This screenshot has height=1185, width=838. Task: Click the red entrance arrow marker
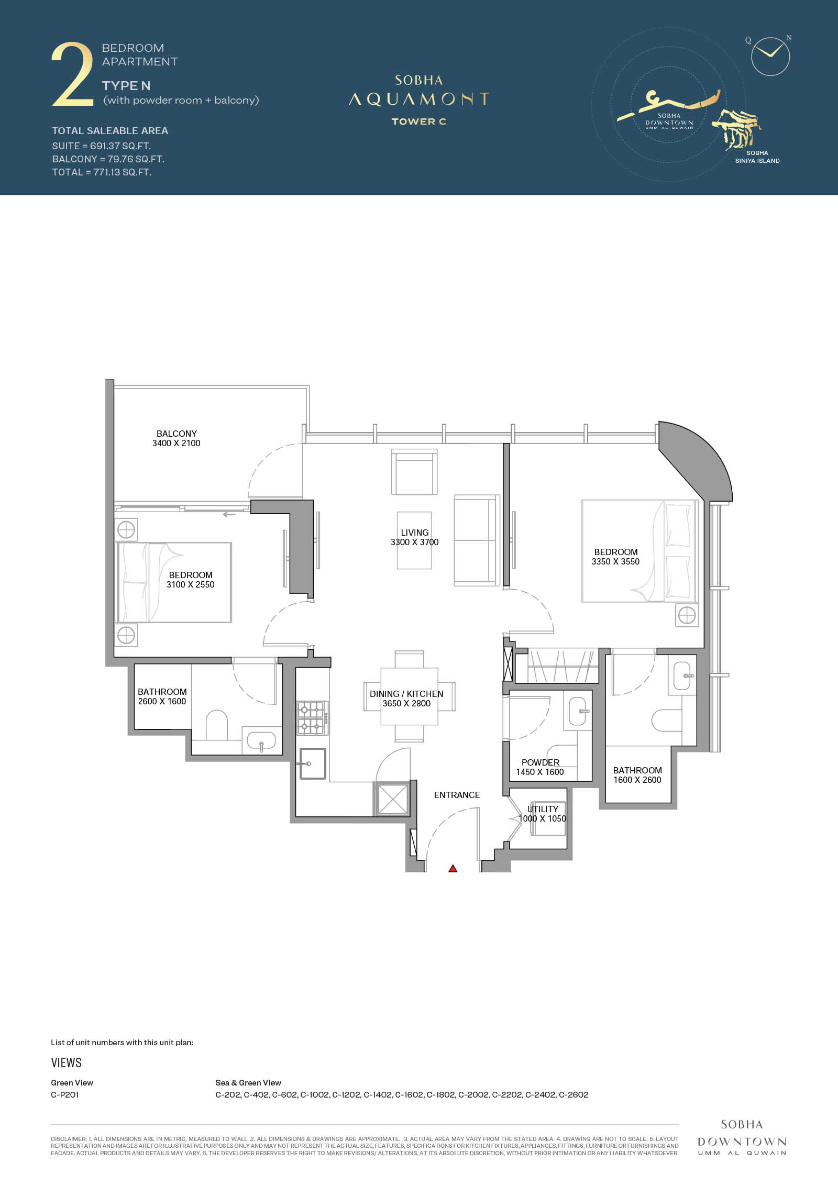pyautogui.click(x=453, y=868)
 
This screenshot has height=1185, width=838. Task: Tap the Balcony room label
pyautogui.click(x=177, y=438)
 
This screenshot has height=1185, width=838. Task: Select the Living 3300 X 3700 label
pyautogui.click(x=415, y=537)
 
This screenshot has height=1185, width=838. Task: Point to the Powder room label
pyautogui.click(x=540, y=767)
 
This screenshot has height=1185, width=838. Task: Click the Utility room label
pyautogui.click(x=543, y=814)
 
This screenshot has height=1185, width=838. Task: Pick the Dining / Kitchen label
pyautogui.click(x=406, y=699)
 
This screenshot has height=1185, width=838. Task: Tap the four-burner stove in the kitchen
pyautogui.click(x=312, y=718)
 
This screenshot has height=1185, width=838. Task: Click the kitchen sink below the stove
pyautogui.click(x=313, y=763)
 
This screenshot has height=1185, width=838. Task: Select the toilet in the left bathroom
pyautogui.click(x=216, y=725)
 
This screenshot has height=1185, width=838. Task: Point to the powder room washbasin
pyautogui.click(x=577, y=711)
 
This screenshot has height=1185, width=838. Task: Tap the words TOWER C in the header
pyautogui.click(x=419, y=121)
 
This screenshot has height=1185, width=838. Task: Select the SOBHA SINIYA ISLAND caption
pyautogui.click(x=757, y=157)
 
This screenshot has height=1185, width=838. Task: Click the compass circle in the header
pyautogui.click(x=770, y=56)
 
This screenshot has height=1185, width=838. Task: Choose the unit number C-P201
pyautogui.click(x=65, y=1094)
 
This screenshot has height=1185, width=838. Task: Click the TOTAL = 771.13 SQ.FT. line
pyautogui.click(x=102, y=172)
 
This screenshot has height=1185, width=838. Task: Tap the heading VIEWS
pyautogui.click(x=67, y=1062)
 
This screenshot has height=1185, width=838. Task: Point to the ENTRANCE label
pyautogui.click(x=457, y=795)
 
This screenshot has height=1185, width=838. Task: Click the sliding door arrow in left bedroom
pyautogui.click(x=229, y=514)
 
